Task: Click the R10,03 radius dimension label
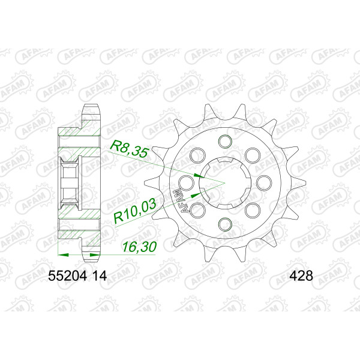[135, 211]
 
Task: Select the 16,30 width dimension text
[139, 247]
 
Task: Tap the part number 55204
[67, 276]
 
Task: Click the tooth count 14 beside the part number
[99, 276]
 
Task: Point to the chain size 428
[301, 276]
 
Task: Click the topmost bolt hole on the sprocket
[225, 141]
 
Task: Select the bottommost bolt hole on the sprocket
[225, 224]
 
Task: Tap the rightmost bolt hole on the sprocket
[263, 183]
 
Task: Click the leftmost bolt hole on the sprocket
[187, 183]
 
